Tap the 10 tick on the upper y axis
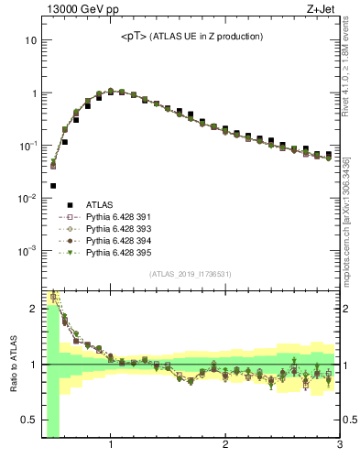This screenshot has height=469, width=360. tap(31, 41)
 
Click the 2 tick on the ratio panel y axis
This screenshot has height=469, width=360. tap(33, 309)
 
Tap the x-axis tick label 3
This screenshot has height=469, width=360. tap(338, 446)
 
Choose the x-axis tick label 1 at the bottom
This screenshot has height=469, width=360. tap(111, 446)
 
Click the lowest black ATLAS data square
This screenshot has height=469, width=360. tap(53, 186)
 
